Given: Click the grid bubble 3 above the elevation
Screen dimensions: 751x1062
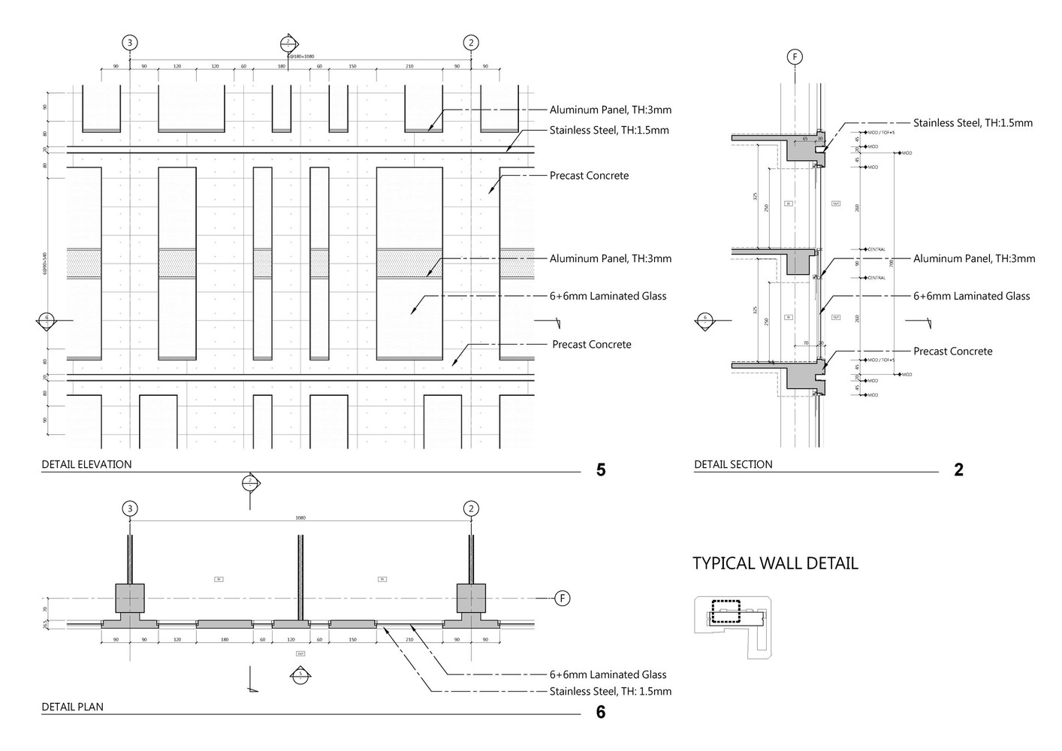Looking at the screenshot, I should click(x=130, y=43).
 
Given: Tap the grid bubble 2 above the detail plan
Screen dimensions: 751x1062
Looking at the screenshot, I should click(x=471, y=508).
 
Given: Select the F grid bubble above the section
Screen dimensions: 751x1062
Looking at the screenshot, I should click(x=794, y=56).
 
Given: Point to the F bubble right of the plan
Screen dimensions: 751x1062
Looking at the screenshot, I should click(x=562, y=598).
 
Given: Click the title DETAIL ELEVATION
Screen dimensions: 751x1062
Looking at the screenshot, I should click(x=86, y=464).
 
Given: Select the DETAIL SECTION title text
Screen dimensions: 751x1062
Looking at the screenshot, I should click(x=733, y=464).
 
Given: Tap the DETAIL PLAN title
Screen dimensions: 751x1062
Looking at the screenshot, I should click(x=72, y=707).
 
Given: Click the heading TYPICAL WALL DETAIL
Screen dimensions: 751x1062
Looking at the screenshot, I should click(x=775, y=563).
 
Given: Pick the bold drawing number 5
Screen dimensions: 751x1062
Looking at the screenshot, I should click(x=600, y=470).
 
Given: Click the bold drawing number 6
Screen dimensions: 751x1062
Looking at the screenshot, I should click(x=600, y=712).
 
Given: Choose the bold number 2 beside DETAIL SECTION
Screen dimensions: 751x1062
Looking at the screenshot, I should click(x=958, y=470).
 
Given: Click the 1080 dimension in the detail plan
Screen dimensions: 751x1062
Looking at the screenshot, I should click(x=300, y=517).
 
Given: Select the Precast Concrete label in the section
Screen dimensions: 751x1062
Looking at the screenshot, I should click(x=952, y=351).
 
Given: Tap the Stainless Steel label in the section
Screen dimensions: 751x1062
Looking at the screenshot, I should click(x=973, y=122).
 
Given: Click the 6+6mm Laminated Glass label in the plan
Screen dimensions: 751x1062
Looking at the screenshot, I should click(x=608, y=674).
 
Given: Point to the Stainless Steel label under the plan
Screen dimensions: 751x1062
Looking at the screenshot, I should click(x=610, y=691).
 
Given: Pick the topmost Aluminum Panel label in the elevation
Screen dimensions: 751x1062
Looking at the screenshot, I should click(x=610, y=110).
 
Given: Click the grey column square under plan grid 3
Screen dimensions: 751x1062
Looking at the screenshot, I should click(x=130, y=598).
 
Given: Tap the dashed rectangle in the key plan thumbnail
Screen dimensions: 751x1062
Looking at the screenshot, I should click(x=726, y=611).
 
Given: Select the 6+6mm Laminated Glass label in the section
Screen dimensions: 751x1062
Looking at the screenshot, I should click(x=971, y=296).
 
